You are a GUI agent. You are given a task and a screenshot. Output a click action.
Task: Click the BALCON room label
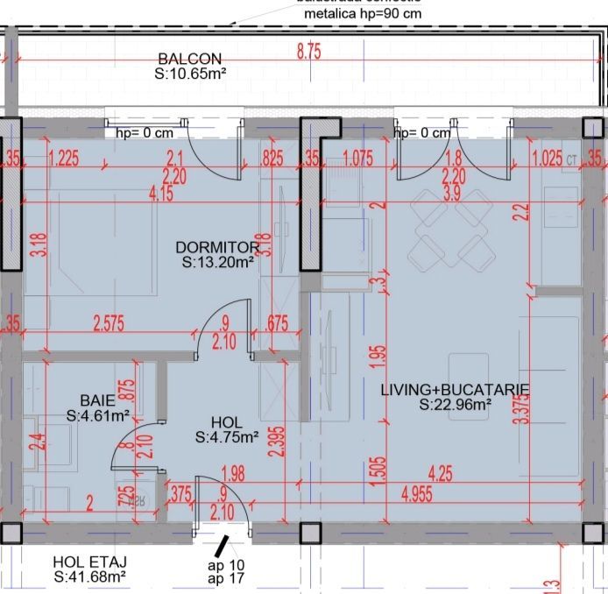189,59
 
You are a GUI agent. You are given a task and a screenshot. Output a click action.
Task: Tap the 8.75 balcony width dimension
309,52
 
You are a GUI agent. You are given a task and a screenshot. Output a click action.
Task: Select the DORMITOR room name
217,247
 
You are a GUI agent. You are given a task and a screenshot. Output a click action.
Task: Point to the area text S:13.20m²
217,261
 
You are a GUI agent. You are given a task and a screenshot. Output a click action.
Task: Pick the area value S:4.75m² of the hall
226,436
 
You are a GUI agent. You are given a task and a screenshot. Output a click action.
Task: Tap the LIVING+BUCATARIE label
455,390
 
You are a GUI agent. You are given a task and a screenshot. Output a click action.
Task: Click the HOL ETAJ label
88,562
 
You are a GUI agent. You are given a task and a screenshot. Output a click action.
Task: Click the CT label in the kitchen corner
571,160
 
